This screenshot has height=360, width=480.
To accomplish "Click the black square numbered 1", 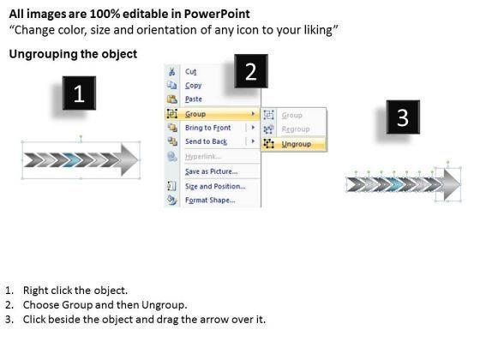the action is click(79, 93).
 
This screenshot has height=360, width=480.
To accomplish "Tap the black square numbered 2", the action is click(251, 71).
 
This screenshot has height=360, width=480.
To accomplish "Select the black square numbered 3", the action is click(403, 117).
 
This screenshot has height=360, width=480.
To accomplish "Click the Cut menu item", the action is click(190, 72).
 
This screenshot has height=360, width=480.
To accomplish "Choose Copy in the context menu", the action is click(194, 86).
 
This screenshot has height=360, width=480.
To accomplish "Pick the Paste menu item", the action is click(194, 99).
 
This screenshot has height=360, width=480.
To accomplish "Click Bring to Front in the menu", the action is click(207, 128).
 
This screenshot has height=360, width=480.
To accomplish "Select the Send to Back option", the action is click(206, 141).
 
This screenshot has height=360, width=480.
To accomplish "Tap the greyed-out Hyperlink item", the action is click(202, 157).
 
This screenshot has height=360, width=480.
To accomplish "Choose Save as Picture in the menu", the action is click(211, 171).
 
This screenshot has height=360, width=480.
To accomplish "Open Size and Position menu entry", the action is click(215, 186).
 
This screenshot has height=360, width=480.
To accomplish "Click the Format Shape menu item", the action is click(210, 201).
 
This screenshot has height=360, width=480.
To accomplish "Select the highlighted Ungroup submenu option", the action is click(297, 144).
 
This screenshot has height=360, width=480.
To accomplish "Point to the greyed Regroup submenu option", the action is click(296, 129).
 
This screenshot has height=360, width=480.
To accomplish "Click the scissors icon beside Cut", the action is click(171, 72).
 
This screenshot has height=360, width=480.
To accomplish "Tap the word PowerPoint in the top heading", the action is click(217, 14).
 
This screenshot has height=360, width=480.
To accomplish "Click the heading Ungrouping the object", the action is click(73, 54).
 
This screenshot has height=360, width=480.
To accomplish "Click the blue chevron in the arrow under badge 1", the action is click(71, 159).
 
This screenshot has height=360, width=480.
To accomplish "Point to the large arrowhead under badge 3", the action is click(452, 184).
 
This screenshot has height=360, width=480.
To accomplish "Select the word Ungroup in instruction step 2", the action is click(163, 305).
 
